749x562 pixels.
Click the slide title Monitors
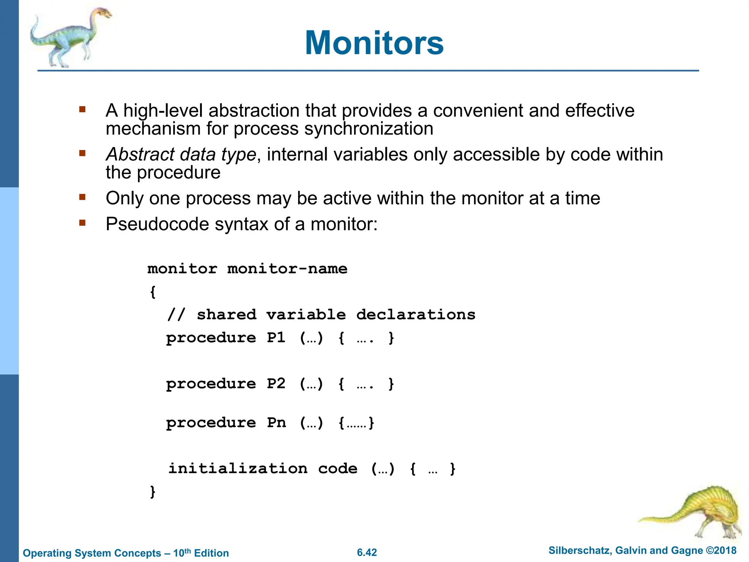pyautogui.click(x=374, y=43)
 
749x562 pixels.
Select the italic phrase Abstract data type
pyautogui.click(x=181, y=154)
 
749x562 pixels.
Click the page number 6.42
pyautogui.click(x=367, y=552)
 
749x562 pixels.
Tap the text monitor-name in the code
pyautogui.click(x=287, y=269)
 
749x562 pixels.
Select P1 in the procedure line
pyautogui.click(x=276, y=337)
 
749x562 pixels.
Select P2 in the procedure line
pyautogui.click(x=276, y=383)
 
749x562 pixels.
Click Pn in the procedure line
pyautogui.click(x=276, y=423)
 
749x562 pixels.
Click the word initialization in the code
pyautogui.click(x=238, y=469)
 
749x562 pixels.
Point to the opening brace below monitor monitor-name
pyautogui.click(x=153, y=292)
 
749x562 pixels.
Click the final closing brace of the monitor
pyautogui.click(x=153, y=491)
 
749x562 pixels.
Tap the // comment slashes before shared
pyautogui.click(x=176, y=315)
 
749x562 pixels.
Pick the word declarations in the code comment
pyautogui.click(x=416, y=315)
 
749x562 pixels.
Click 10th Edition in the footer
pyautogui.click(x=201, y=553)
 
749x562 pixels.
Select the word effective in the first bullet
pyautogui.click(x=599, y=110)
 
